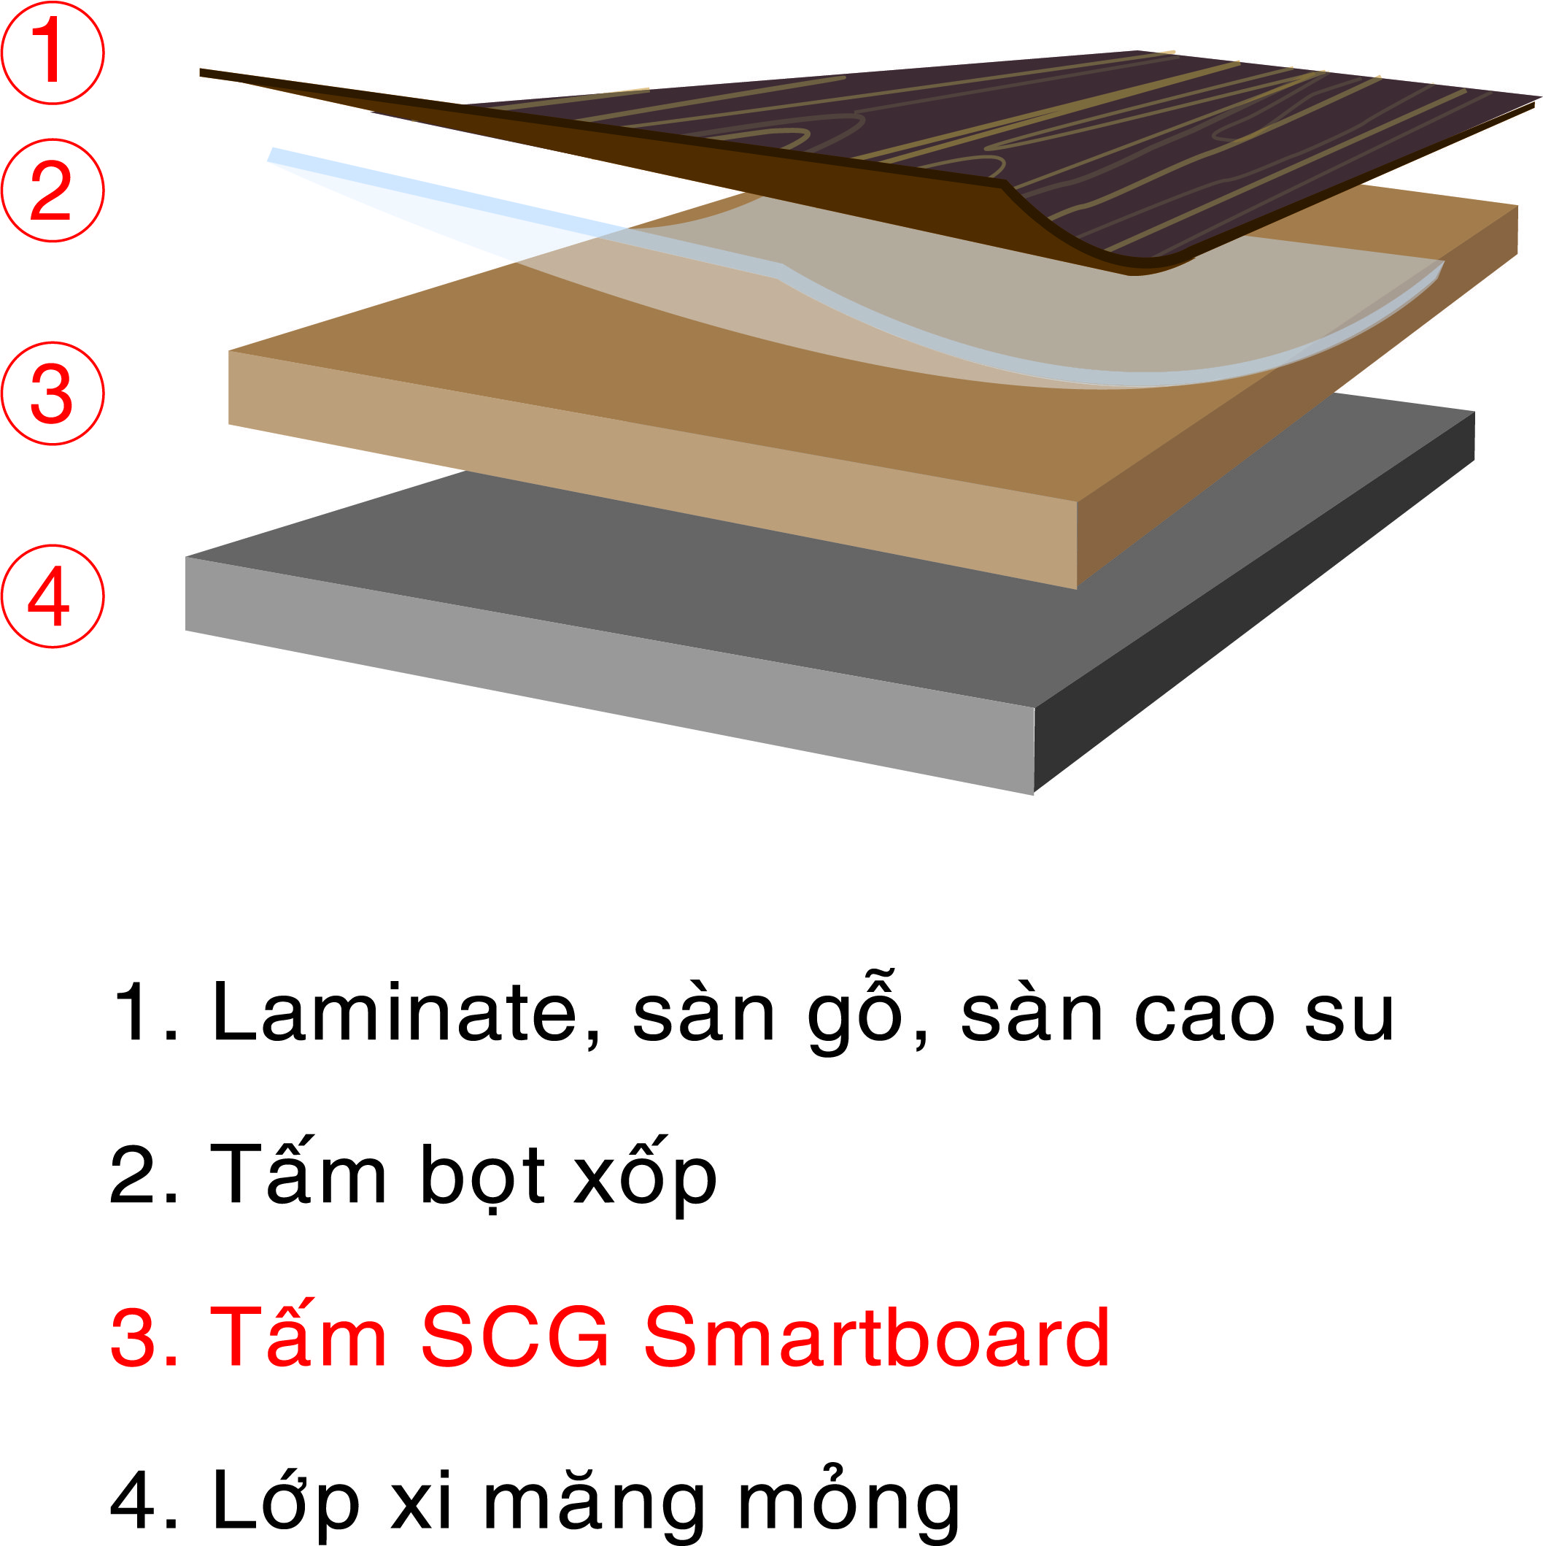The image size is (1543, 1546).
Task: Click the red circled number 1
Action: [x=52, y=52]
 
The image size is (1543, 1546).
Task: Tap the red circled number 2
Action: [x=52, y=191]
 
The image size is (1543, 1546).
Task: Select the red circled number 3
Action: [x=52, y=393]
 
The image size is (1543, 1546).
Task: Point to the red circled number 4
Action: [x=52, y=596]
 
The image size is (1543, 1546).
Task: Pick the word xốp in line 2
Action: [x=645, y=1177]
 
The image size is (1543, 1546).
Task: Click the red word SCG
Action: [x=515, y=1337]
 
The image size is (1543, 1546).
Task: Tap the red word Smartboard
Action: [x=877, y=1337]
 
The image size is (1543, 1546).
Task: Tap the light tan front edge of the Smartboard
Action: [x=652, y=468]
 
